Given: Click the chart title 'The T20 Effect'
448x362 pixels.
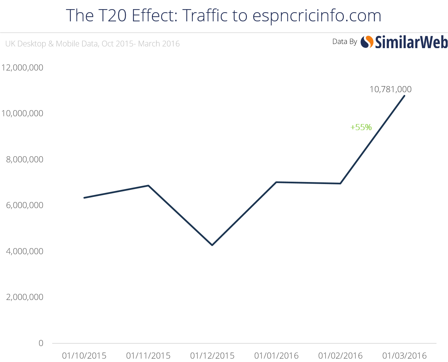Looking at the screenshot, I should pos(223,16).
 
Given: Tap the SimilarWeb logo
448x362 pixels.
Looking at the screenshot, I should pos(404,42).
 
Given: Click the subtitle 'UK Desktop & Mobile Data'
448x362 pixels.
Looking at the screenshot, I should pos(92,44).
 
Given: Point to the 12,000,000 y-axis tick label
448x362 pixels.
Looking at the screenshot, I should pos(22,67).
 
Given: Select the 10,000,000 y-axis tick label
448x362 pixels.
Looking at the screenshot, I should pos(22,113).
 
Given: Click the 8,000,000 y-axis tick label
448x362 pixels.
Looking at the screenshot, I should pos(24,159).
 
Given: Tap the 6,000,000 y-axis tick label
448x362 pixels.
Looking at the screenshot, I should pos(24,205).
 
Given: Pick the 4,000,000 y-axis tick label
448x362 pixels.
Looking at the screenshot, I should pos(24,251).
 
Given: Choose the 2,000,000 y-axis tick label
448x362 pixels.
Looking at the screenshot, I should pos(24,297).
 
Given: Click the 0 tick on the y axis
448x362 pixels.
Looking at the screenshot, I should pos(41,343).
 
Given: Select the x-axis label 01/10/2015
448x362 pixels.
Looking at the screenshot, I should pos(84,356).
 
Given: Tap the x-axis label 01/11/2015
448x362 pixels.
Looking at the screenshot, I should pos(148,356).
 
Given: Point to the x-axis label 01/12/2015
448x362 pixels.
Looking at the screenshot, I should pos(212,356).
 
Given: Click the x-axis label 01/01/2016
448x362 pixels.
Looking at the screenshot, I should pos(276,356).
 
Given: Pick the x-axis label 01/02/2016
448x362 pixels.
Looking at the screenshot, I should pos(340,356).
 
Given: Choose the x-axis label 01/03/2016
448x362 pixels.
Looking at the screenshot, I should pos(404,356).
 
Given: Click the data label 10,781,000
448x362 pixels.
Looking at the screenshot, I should pos(390,89).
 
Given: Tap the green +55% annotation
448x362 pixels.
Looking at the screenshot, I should pos(361,127).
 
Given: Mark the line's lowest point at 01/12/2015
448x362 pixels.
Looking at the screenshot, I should pos(212,245).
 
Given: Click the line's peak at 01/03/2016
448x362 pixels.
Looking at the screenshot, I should pos(404,96).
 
